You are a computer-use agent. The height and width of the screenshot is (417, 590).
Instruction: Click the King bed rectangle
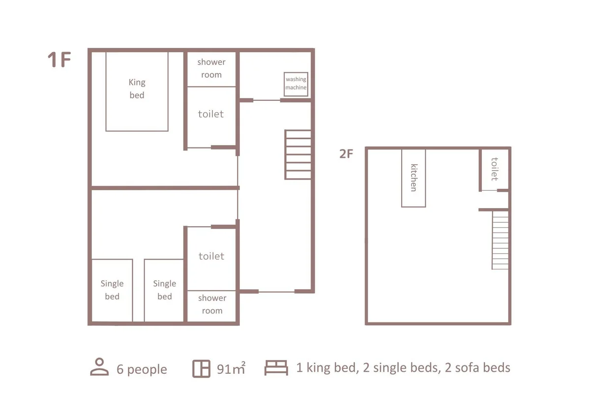137,91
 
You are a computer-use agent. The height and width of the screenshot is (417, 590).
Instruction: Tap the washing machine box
296,84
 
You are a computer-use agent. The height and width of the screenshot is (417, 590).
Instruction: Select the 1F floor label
59,60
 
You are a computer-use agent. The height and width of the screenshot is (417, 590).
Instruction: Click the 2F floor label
346,154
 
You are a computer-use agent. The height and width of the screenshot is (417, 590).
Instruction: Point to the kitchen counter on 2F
413,178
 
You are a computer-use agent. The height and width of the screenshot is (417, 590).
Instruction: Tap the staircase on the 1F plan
298,155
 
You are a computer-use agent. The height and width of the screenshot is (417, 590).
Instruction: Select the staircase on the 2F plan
500,240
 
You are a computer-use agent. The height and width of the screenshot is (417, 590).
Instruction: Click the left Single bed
112,290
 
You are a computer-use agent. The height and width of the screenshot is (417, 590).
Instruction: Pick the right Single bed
164,290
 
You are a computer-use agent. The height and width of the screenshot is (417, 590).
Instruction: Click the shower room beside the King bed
211,69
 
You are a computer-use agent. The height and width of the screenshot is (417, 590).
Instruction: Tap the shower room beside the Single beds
211,306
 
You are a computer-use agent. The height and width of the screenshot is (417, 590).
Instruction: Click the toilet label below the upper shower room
211,114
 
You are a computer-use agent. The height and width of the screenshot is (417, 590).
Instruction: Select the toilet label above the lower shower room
211,256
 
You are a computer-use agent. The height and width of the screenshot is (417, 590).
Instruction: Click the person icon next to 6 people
99,367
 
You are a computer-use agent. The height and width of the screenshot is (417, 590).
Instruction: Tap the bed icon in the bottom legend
276,368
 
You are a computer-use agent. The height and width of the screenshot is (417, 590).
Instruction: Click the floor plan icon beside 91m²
201,369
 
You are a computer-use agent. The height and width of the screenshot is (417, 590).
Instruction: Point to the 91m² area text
231,368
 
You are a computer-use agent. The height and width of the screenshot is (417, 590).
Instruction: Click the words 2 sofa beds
477,367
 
